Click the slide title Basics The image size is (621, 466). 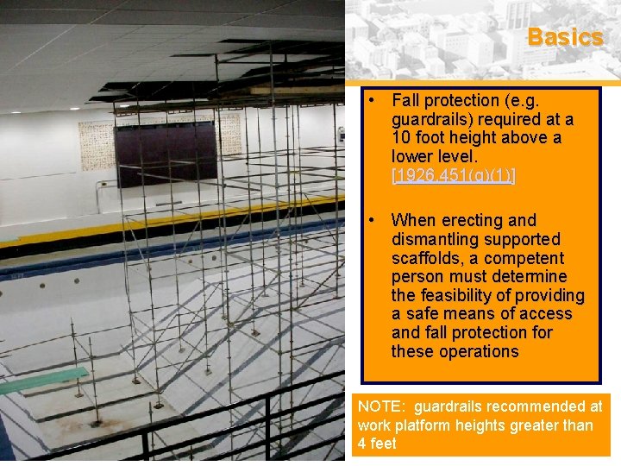point(565,37)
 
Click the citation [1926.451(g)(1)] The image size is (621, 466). point(453,175)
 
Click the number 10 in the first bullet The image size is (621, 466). point(402,138)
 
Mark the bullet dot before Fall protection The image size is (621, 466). point(370,100)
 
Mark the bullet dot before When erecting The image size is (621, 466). point(370,220)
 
